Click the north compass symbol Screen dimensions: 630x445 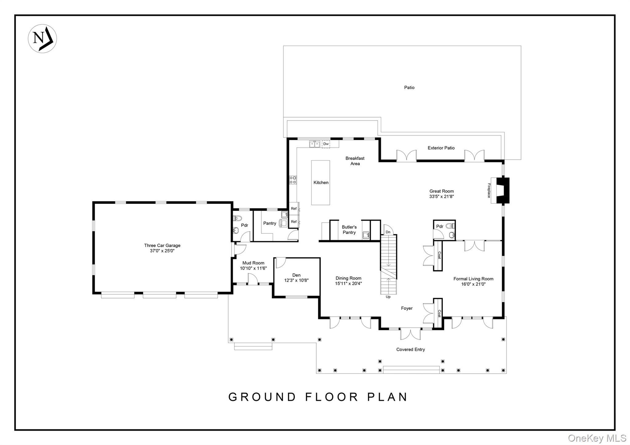pos(42,39)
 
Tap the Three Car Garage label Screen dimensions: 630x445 pos(162,245)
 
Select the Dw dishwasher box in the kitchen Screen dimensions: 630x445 pos(326,144)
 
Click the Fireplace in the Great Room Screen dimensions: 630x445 pos(500,190)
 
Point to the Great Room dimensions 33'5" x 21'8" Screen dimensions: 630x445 pos(441,197)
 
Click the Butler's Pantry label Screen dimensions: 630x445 pos(349,230)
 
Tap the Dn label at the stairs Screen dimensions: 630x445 pos(388,232)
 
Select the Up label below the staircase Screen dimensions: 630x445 pos(388,297)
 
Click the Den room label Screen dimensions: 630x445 pos(296,275)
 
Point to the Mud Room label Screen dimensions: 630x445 pos(253,263)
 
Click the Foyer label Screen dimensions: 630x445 pos(407,308)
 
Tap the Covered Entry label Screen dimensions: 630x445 pos(410,349)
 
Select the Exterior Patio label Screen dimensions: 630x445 pos(441,148)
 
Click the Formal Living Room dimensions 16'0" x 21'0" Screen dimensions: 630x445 pos(473,284)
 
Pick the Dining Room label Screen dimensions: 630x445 pos(348,278)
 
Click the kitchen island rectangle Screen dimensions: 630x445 pos(321,183)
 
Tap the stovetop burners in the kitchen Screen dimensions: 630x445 pos(293,180)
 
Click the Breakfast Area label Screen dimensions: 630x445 pos(355,161)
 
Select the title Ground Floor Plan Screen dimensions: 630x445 pos(318,397)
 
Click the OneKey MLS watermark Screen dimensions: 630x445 pos(597,438)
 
